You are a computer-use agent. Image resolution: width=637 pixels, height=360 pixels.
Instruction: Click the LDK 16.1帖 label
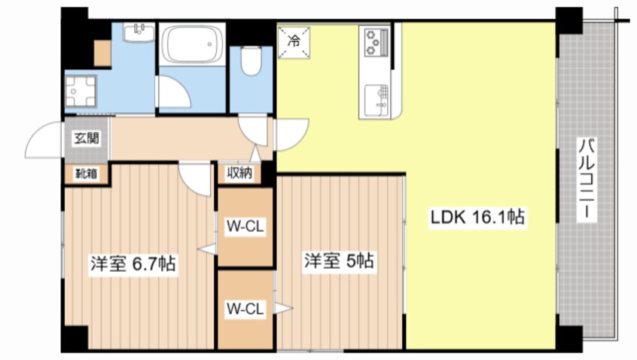click(x=477, y=218)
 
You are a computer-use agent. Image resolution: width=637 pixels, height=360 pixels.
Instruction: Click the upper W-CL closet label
click(x=245, y=227)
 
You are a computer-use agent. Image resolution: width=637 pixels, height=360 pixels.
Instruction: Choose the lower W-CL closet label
click(x=245, y=309)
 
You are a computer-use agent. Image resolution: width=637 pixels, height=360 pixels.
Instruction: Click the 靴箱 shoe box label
click(x=85, y=173)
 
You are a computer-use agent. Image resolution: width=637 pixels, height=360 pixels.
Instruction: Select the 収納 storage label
click(x=240, y=173)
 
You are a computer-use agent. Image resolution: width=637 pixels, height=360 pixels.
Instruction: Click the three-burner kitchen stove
click(x=374, y=42)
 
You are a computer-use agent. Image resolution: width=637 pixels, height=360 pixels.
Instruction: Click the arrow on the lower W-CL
click(x=282, y=307)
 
